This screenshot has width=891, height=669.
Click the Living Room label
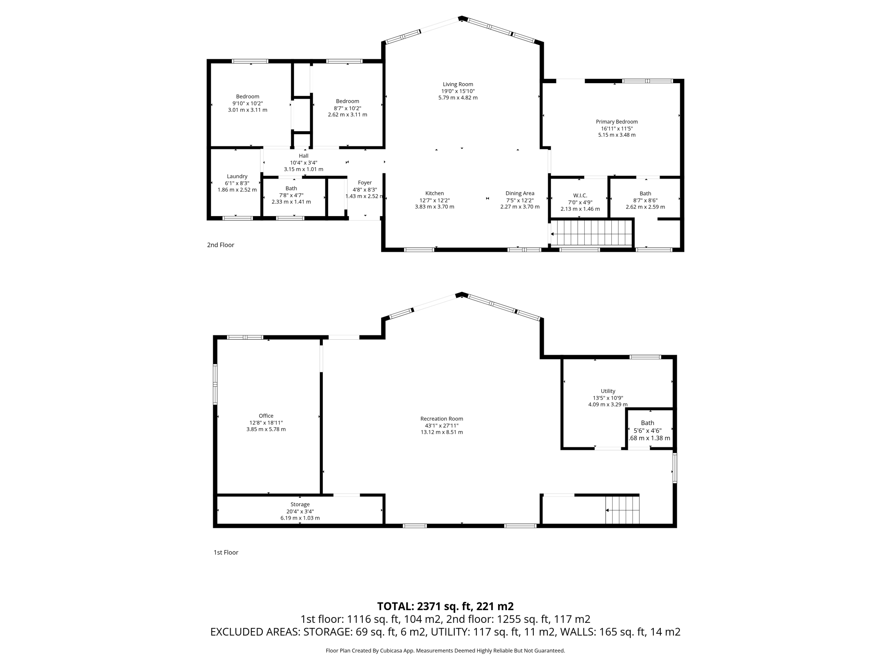pyautogui.click(x=458, y=84)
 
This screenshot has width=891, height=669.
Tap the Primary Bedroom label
pyautogui.click(x=616, y=122)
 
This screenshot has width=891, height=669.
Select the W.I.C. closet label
pyautogui.click(x=580, y=195)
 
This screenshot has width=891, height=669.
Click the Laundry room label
pyautogui.click(x=237, y=176)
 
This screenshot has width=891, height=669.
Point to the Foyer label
pyautogui.click(x=365, y=182)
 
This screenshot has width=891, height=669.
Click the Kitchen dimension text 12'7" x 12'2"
pyautogui.click(x=434, y=200)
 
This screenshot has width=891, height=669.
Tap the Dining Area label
pyautogui.click(x=519, y=193)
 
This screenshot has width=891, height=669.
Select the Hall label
pyautogui.click(x=303, y=155)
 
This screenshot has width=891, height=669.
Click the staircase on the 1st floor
pyautogui.click(x=623, y=510)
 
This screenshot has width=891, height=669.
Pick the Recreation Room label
pyautogui.click(x=442, y=419)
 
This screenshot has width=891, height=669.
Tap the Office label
pyautogui.click(x=266, y=416)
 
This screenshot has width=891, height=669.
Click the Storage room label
pyautogui.click(x=300, y=504)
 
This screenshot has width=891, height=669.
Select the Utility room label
pyautogui.click(x=608, y=391)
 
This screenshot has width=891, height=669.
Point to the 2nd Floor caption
pyautogui.click(x=221, y=245)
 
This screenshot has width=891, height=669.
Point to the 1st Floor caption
pyautogui.click(x=226, y=552)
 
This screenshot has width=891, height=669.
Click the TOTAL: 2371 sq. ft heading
pyautogui.click(x=445, y=606)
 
